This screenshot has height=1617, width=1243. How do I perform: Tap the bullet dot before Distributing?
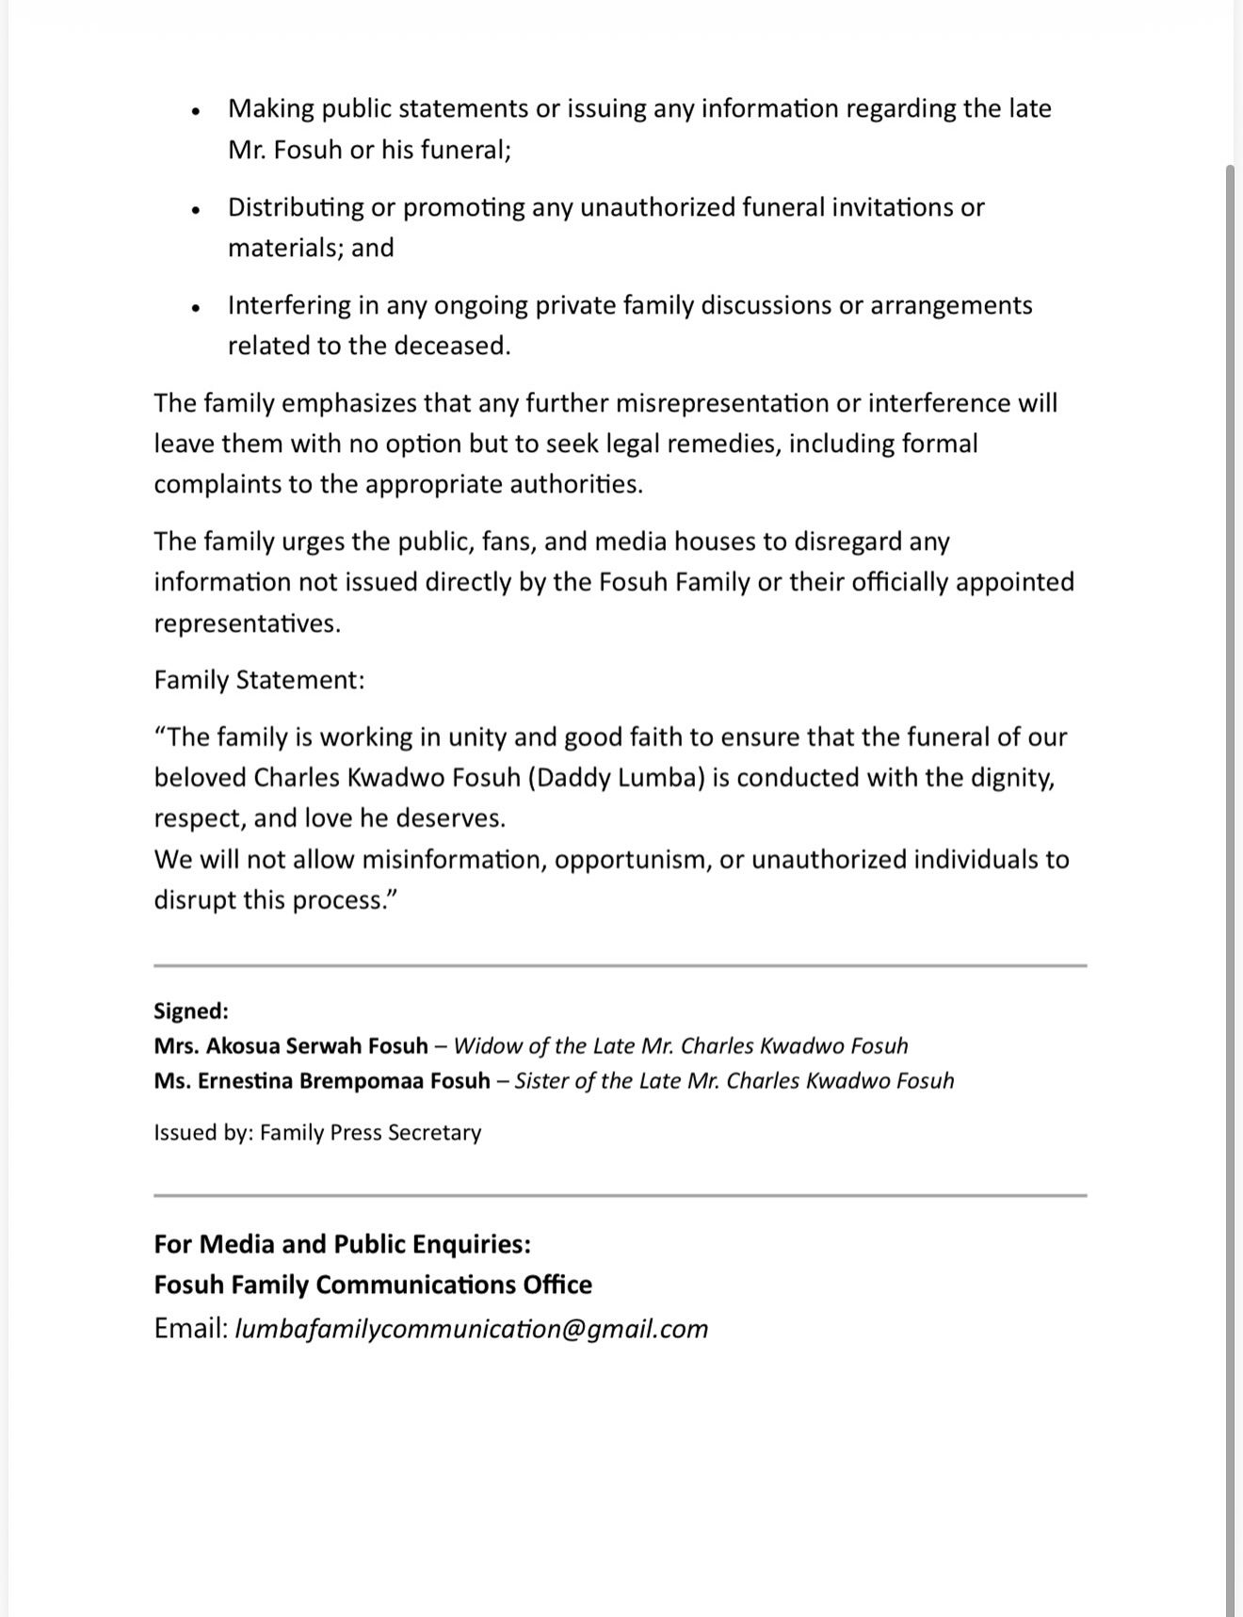[x=196, y=210]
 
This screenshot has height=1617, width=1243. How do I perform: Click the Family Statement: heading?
[x=259, y=680]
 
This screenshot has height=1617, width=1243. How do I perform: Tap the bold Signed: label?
[x=191, y=1011]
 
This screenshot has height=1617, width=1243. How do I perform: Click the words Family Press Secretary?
[x=370, y=1133]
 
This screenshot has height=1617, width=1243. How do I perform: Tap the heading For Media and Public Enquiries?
[x=342, y=1245]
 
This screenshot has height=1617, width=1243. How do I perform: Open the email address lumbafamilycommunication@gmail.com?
[x=471, y=1329]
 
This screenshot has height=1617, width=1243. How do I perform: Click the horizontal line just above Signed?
[x=620, y=965]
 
